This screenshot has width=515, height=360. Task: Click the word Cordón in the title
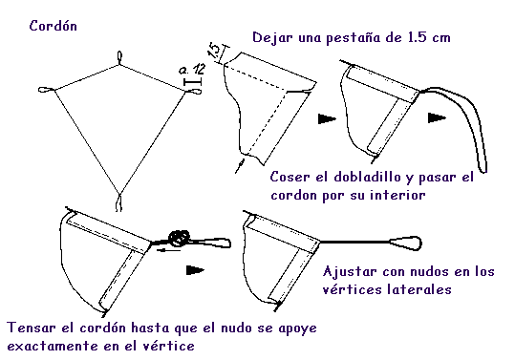click(53, 26)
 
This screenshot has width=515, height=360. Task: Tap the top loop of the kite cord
click(119, 56)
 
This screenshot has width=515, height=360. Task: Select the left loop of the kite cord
click(46, 89)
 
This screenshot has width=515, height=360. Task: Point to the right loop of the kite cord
click(194, 92)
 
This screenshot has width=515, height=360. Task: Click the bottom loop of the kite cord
click(118, 202)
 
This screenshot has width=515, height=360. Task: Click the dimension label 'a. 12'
click(192, 70)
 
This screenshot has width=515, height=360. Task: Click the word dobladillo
click(367, 177)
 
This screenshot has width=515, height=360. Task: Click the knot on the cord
click(179, 238)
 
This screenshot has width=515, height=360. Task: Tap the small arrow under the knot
click(168, 251)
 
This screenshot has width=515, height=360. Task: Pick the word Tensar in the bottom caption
click(32, 328)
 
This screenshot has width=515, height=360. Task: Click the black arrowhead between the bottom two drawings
click(195, 270)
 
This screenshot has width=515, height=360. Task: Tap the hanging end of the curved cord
click(483, 168)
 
